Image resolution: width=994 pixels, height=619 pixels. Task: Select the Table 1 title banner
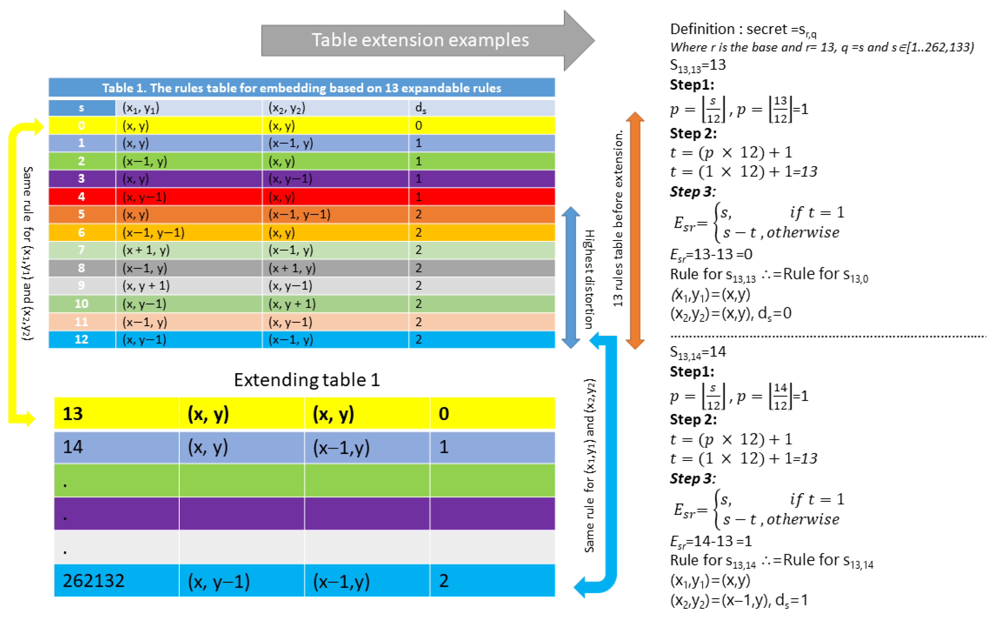tap(302, 88)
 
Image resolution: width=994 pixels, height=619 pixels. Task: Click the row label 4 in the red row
tap(81, 197)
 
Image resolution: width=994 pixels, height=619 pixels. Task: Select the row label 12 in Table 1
tap(81, 339)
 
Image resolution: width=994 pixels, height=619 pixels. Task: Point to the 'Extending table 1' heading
tap(307, 380)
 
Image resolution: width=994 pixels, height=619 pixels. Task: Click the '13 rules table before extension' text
tap(618, 219)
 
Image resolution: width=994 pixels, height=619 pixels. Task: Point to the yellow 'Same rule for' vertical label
tap(27, 253)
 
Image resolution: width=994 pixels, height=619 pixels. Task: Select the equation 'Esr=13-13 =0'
tap(711, 255)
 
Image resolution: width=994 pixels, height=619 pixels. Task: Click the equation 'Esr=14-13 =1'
tap(711, 541)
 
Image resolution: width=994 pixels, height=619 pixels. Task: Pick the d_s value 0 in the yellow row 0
tap(418, 126)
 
